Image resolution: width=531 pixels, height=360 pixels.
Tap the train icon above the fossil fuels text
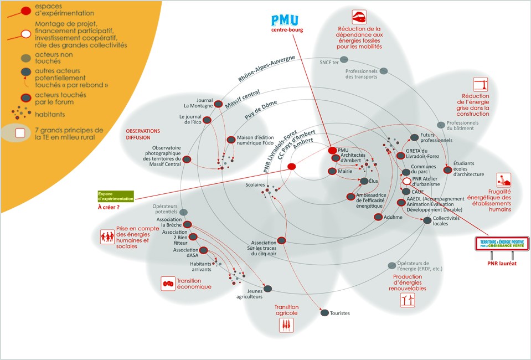point(359,16)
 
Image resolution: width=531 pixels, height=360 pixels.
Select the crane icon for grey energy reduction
point(481,84)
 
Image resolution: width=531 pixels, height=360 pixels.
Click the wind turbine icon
point(408,300)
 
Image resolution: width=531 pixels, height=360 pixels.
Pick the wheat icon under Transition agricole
point(286,325)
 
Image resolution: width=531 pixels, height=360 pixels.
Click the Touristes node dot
point(324,313)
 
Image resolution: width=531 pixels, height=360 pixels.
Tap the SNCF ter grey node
point(344,63)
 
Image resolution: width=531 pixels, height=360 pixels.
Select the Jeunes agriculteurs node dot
point(267,289)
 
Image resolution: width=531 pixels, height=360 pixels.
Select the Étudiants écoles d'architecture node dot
point(447,169)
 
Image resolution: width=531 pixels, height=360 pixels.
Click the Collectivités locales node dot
point(427,220)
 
